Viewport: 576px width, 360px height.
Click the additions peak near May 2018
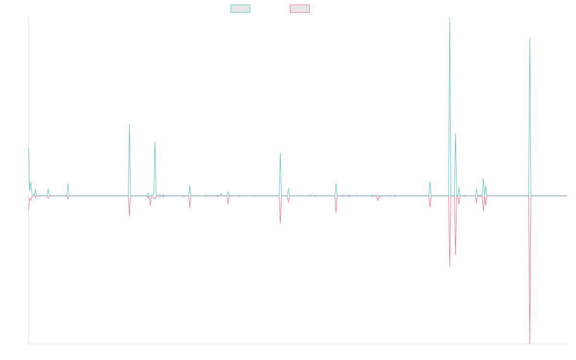point(130,124)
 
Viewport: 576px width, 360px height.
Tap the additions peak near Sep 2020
point(280,153)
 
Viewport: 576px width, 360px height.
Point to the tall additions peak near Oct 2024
point(530,38)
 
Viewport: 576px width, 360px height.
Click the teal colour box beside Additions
point(240,9)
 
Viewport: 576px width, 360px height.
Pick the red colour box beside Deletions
point(300,9)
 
